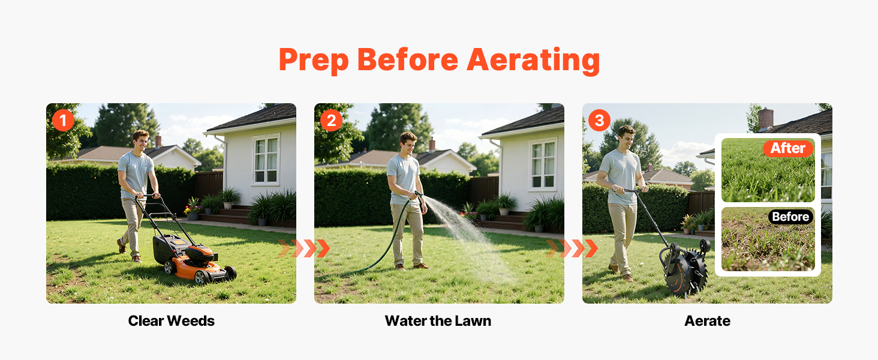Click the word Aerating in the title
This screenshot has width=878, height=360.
click(x=534, y=59)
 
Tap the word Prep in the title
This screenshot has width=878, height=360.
click(x=314, y=61)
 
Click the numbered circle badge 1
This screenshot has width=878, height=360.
click(x=63, y=121)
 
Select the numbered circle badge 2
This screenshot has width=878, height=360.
click(x=331, y=121)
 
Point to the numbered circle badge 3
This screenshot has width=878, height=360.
click(x=599, y=121)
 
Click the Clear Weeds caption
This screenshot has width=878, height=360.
click(x=172, y=321)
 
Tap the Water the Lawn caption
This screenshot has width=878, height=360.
click(x=438, y=321)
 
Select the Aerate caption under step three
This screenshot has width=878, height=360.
click(x=708, y=321)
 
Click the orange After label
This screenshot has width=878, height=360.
click(x=788, y=148)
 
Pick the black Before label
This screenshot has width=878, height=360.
click(x=790, y=217)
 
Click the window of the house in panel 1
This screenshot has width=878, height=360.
click(x=266, y=160)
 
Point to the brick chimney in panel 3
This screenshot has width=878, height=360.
click(x=765, y=119)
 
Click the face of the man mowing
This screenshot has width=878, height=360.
click(x=141, y=142)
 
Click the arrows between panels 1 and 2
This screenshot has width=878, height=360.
click(x=304, y=248)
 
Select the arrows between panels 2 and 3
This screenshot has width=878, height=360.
click(x=572, y=248)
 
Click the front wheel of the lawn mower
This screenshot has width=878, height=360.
click(x=201, y=277)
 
